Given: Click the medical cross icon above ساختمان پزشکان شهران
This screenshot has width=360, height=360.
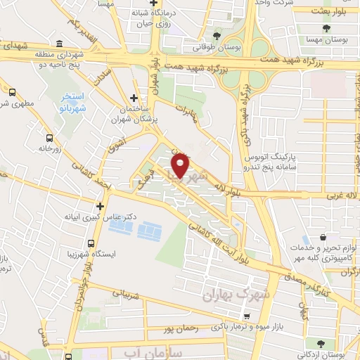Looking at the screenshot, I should [x=134, y=98].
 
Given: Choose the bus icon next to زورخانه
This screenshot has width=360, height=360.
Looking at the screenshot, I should [x=49, y=139].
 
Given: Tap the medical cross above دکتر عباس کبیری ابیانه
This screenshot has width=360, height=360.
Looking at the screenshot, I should [x=101, y=207].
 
